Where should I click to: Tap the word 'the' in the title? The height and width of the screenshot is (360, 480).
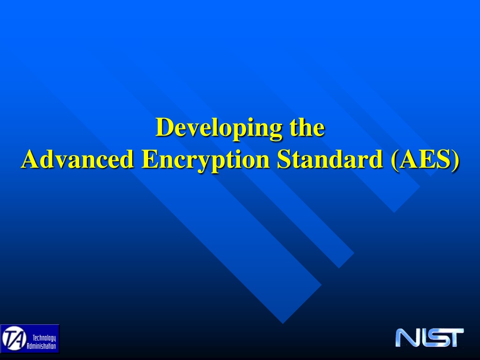(x=307, y=127)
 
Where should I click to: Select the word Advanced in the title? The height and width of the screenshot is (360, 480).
(x=77, y=159)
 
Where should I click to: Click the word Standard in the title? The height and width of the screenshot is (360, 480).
(x=330, y=159)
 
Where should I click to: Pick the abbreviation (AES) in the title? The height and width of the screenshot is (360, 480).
(x=425, y=160)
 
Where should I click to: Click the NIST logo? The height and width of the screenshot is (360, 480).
(x=429, y=337)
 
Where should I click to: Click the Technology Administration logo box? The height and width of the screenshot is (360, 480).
(x=30, y=339)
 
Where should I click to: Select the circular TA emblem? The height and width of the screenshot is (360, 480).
(x=14, y=338)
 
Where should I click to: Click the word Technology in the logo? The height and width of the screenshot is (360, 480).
(x=45, y=338)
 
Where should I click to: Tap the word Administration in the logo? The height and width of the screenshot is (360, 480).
(x=41, y=346)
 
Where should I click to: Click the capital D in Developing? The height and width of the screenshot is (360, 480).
(x=165, y=127)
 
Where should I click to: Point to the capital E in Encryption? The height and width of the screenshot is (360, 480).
(x=150, y=159)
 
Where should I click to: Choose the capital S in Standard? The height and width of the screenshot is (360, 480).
(x=284, y=159)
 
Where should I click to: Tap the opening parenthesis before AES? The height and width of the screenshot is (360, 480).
(x=395, y=160)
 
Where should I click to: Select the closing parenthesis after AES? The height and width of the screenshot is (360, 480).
(x=456, y=160)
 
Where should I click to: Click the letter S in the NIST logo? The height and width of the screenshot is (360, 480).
(x=435, y=337)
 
